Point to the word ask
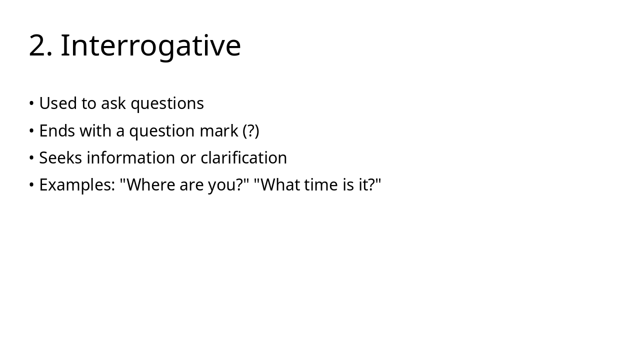[113, 103]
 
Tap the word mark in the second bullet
[219, 130]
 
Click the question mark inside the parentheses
[251, 130]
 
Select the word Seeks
[60, 157]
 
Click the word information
[131, 157]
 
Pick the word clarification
[243, 157]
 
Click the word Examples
[77, 185]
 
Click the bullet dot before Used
[31, 103]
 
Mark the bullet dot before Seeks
[31, 157]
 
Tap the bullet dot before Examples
[31, 185]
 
